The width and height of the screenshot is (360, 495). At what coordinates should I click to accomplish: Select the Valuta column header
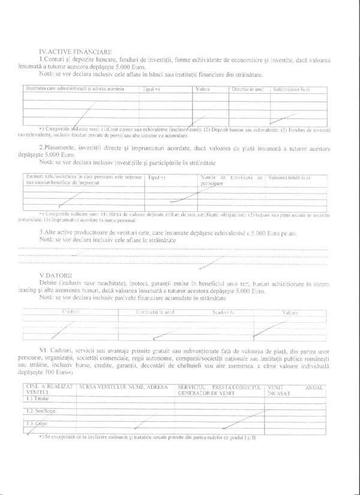coord(203,89)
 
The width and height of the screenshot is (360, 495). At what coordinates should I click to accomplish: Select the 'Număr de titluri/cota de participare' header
coord(232,181)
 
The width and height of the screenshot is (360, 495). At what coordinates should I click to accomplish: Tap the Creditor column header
coord(71,313)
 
